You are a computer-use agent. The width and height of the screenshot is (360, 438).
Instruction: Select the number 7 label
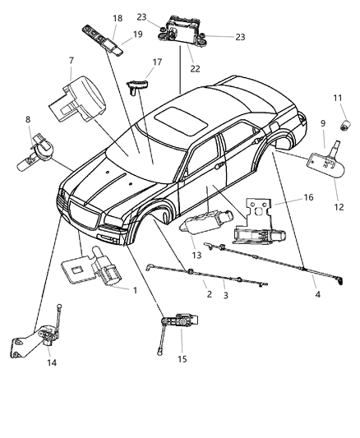71,61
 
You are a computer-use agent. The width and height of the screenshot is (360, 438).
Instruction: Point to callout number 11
338,99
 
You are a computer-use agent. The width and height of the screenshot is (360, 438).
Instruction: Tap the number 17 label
157,61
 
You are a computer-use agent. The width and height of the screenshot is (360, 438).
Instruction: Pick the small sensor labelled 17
139,82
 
